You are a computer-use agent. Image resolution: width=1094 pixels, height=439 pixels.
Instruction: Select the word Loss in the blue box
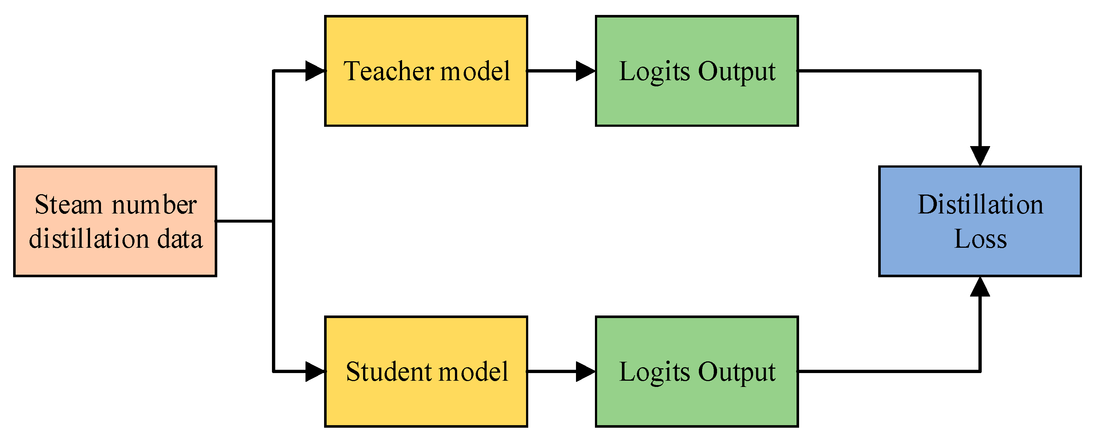point(981,239)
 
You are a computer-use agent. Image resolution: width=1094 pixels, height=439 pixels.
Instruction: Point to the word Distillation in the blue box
point(981,205)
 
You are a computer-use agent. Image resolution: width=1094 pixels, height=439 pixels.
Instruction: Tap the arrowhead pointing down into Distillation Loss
point(980,156)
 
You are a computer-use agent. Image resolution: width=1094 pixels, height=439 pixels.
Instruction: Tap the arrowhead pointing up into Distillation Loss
point(980,287)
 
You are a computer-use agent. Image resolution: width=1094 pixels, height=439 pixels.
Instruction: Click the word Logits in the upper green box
point(654,72)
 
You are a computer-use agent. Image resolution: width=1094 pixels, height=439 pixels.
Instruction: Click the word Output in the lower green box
point(737,372)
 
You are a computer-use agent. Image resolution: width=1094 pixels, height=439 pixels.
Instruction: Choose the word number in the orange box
point(154,205)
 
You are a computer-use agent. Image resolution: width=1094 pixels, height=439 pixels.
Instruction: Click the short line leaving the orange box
point(245,221)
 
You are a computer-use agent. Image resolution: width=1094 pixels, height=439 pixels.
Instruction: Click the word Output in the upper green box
point(737,72)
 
